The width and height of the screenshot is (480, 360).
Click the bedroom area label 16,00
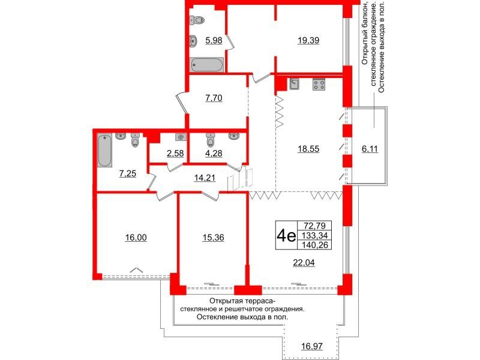136,238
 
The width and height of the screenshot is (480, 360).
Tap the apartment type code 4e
284,235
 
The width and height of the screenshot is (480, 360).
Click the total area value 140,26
317,245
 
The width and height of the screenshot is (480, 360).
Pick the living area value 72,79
317,225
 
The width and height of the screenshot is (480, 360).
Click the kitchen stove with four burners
319,85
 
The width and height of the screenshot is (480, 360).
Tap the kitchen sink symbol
295,85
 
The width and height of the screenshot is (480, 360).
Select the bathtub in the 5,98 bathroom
207,65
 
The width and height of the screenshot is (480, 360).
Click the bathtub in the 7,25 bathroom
104,151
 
